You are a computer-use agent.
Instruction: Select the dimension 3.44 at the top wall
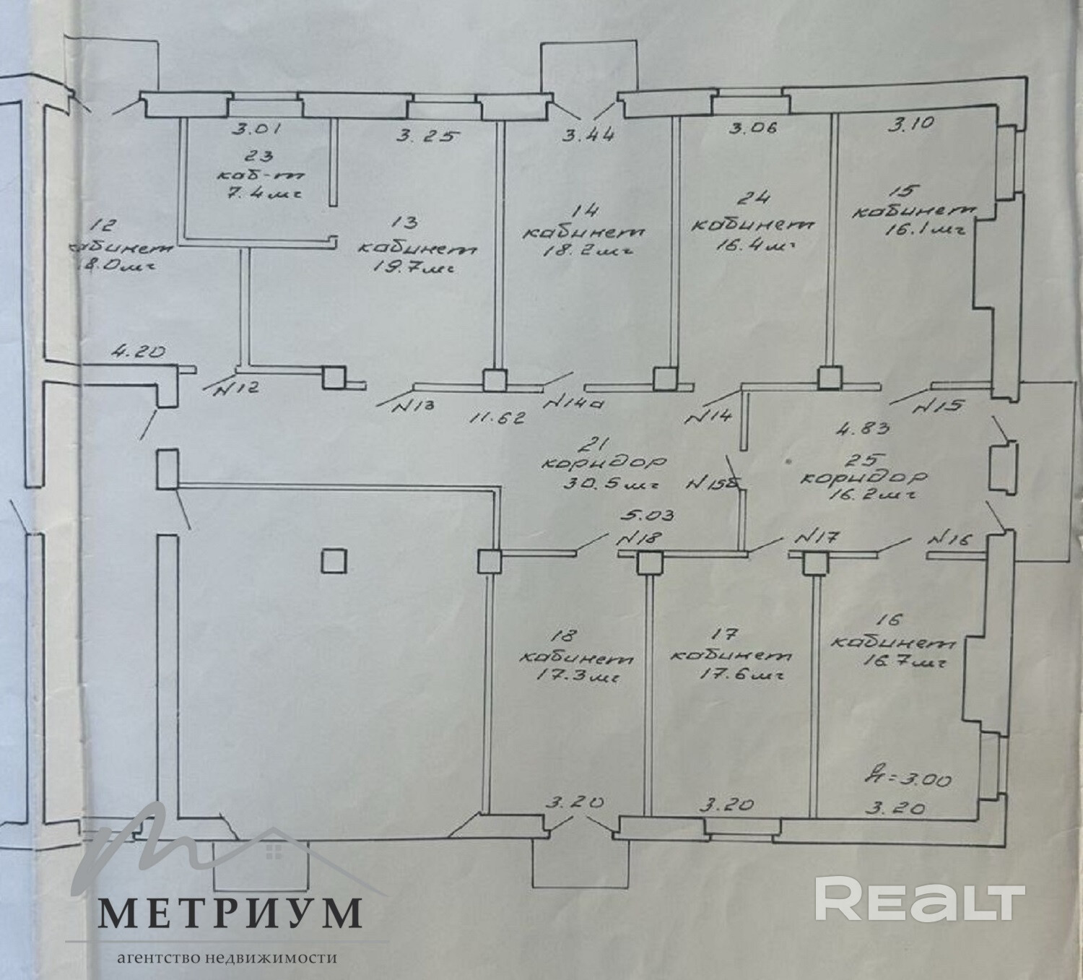[x=589, y=133]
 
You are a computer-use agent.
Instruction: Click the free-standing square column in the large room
[x=334, y=560]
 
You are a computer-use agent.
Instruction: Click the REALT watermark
[x=920, y=898]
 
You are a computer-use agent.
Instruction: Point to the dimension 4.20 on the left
[x=140, y=353]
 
